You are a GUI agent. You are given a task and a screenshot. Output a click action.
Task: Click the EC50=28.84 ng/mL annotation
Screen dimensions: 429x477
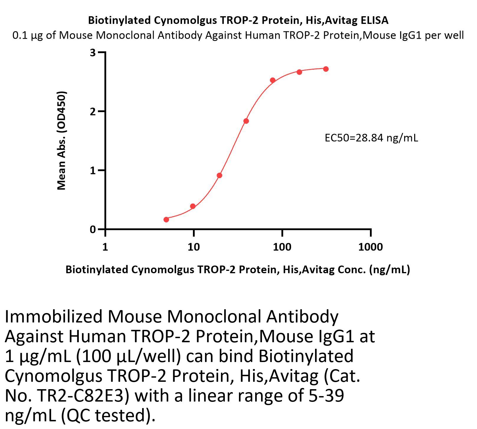(x=371, y=138)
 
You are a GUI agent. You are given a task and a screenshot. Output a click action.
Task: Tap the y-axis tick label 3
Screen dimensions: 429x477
(x=93, y=53)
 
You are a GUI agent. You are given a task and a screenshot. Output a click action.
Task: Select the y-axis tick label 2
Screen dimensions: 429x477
(x=93, y=112)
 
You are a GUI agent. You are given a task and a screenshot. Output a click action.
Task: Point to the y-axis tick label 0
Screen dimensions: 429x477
(x=93, y=229)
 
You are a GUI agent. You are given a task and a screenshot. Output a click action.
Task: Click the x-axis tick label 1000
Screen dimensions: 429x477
(x=370, y=247)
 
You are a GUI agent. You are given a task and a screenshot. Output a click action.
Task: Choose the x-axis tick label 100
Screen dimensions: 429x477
(x=282, y=247)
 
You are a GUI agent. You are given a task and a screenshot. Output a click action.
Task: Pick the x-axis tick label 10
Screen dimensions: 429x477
(x=194, y=247)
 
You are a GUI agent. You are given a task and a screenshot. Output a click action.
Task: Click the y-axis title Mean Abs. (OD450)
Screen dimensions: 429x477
(x=61, y=141)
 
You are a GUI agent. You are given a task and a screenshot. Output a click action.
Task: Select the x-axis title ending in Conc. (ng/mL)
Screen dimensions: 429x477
(x=237, y=269)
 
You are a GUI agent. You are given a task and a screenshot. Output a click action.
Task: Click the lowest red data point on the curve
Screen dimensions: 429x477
(x=166, y=220)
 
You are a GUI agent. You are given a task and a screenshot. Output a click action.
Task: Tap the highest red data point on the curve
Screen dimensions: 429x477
(x=326, y=69)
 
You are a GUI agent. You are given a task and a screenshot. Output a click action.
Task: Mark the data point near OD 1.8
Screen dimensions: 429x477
(x=246, y=121)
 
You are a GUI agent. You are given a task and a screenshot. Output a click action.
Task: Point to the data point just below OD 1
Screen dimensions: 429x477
(x=219, y=176)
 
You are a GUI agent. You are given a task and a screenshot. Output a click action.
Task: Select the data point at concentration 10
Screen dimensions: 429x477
(x=193, y=206)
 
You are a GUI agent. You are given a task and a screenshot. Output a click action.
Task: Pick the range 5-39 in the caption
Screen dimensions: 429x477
(x=326, y=396)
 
